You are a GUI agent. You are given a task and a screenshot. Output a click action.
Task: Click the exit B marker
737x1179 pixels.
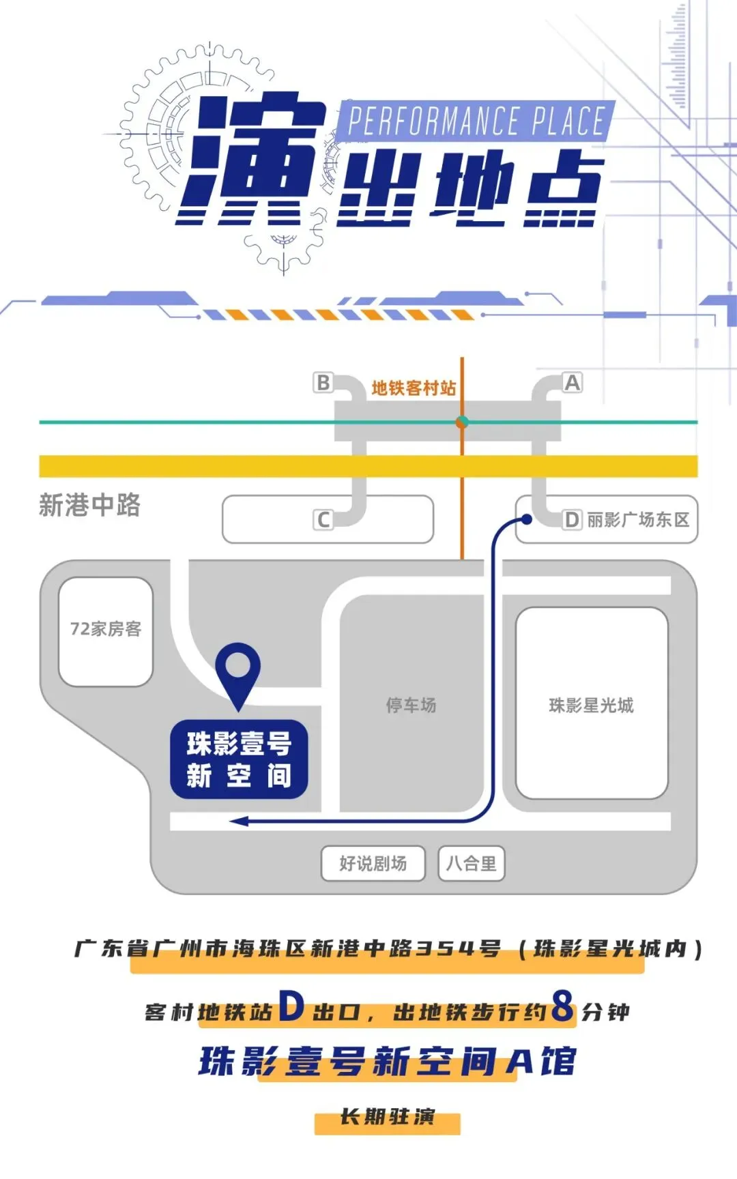point(323,383)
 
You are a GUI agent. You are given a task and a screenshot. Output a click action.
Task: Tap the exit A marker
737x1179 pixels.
point(572,383)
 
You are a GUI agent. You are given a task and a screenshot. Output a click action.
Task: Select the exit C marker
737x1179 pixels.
point(323,520)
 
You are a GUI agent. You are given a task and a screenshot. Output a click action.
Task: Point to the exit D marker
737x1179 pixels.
point(572,520)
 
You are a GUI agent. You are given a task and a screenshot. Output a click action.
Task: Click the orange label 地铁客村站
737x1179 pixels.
point(414,388)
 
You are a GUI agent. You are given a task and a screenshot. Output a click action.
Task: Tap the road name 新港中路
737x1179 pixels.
point(89,506)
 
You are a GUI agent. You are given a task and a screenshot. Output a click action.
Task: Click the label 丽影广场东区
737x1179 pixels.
point(638,520)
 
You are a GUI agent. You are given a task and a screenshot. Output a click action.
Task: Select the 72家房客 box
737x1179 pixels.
point(106,630)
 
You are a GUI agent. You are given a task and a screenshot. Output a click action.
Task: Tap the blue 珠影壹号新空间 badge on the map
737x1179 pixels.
point(239,759)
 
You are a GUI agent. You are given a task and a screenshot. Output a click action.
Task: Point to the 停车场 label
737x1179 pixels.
point(411,705)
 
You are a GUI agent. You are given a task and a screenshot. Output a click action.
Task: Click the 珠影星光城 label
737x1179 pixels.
point(591,705)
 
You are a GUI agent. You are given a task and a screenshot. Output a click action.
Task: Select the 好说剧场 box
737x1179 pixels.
point(373,864)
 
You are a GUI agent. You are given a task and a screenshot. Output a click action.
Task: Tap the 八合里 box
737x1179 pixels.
point(471,864)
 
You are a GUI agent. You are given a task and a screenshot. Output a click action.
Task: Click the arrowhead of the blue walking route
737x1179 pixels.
point(238,821)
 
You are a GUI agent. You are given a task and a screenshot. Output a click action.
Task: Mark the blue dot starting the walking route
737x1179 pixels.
point(527,520)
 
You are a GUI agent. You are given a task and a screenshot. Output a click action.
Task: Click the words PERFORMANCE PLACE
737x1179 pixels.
point(476,121)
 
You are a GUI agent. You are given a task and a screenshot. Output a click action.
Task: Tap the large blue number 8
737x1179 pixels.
point(563,1006)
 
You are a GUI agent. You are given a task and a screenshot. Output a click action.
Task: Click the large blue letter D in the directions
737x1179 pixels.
point(291,1006)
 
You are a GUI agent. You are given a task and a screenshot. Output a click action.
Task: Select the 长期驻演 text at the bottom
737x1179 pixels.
point(387,1118)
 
